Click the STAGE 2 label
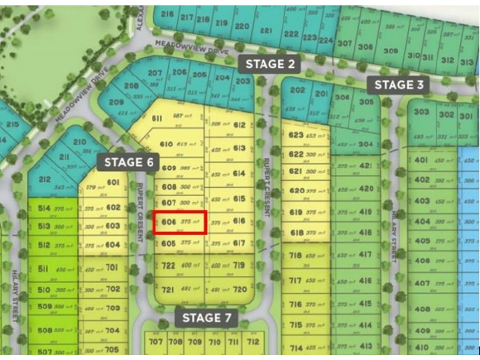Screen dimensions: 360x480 point(269,64)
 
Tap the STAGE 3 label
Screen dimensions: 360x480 point(398,85)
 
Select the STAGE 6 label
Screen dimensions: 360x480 point(130,161)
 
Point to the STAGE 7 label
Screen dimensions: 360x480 point(209,317)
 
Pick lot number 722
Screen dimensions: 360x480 point(168,265)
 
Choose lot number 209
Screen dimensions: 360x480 point(116,102)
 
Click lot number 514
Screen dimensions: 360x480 point(44,208)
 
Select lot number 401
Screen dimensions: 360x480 point(421,160)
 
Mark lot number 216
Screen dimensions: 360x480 point(167,14)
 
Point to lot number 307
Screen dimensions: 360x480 point(344,43)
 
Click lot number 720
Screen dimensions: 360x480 point(240,289)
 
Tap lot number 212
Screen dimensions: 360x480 point(44,178)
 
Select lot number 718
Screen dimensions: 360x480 point(296,256)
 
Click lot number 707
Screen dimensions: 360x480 point(156,342)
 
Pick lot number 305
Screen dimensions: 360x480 point(366,102)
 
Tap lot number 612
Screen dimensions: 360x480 point(239,125)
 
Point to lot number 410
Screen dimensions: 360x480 point(422,347)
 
